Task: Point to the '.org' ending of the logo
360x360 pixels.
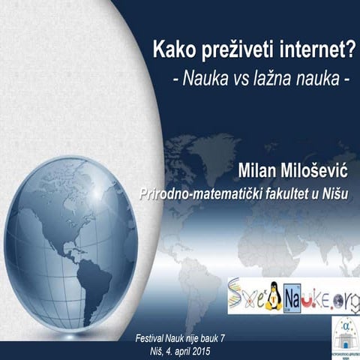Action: point(341,292)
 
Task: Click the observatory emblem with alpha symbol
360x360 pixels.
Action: point(345,333)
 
